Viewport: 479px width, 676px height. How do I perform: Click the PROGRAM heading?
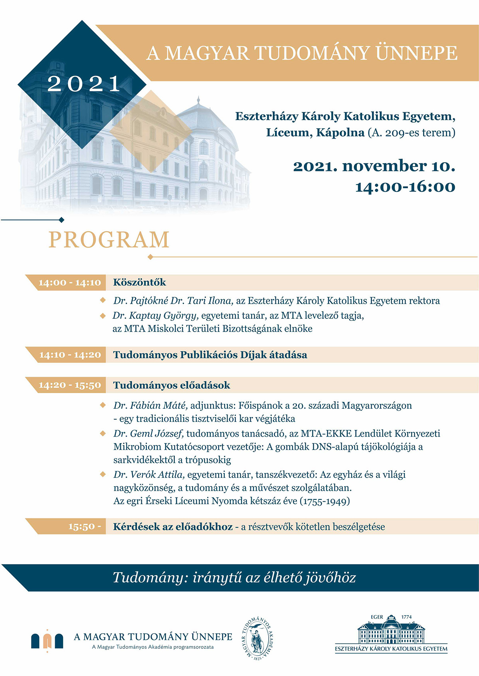pyautogui.click(x=109, y=240)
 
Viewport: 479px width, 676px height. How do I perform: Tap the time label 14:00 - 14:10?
pyautogui.click(x=70, y=283)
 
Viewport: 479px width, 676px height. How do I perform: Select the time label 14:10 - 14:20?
pyautogui.click(x=70, y=355)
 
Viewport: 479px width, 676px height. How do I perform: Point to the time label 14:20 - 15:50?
pyautogui.click(x=70, y=386)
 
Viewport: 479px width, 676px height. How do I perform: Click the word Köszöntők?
pyautogui.click(x=139, y=282)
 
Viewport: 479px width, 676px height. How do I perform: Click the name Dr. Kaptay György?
pyautogui.click(x=155, y=316)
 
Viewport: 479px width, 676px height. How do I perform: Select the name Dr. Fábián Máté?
pyautogui.click(x=150, y=406)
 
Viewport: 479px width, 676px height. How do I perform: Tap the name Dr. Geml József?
pyautogui.click(x=148, y=433)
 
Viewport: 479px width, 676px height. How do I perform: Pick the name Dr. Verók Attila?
pyautogui.click(x=149, y=475)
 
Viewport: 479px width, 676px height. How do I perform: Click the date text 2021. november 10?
pyautogui.click(x=374, y=166)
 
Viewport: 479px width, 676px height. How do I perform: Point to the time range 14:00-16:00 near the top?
pyautogui.click(x=405, y=187)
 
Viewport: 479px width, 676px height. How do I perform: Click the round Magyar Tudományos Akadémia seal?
pyautogui.click(x=259, y=638)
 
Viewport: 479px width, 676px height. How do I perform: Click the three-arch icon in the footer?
pyautogui.click(x=47, y=640)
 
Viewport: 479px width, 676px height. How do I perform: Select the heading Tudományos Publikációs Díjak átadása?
pyautogui.click(x=210, y=355)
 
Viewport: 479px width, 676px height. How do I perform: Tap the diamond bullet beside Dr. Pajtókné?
pyautogui.click(x=103, y=300)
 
